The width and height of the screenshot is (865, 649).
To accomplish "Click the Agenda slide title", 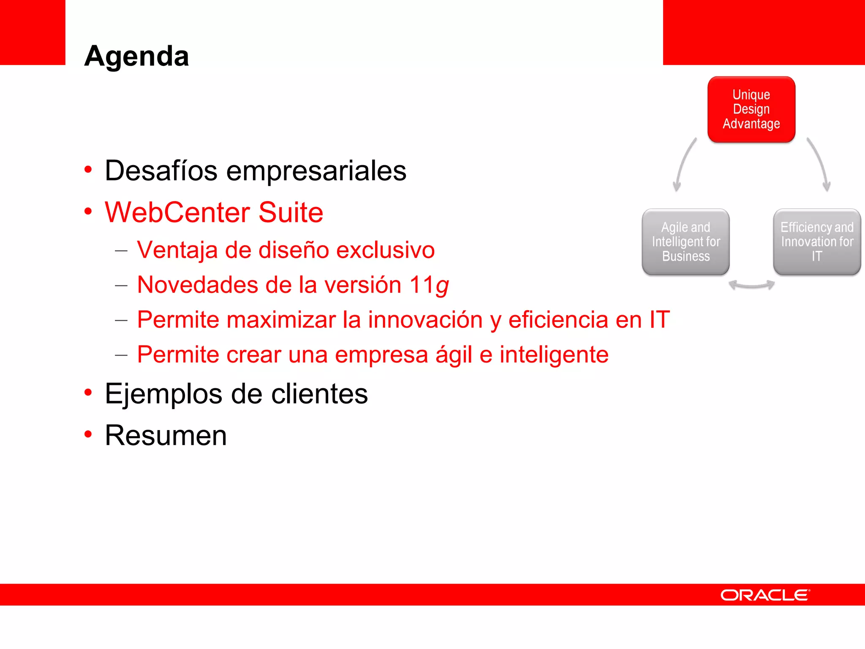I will pos(136,56).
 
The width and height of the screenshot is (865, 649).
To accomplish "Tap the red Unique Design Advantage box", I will pos(751,109).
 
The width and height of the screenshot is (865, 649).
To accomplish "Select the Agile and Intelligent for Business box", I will pos(685,242).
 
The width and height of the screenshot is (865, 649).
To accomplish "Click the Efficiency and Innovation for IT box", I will pos(816,242).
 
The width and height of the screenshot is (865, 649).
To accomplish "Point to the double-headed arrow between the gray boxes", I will pos(751,286).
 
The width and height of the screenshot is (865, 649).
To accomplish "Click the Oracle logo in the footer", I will pos(765,595).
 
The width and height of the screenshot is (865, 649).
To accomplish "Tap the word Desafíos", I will pos(161,171).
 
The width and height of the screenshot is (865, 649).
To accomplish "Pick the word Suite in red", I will pos(291,212).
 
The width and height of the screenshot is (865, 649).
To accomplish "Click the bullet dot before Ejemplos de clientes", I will pos(88,393).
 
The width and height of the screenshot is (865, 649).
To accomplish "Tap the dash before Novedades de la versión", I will pos(121,286).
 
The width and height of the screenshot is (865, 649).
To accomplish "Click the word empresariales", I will pos(316,171).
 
